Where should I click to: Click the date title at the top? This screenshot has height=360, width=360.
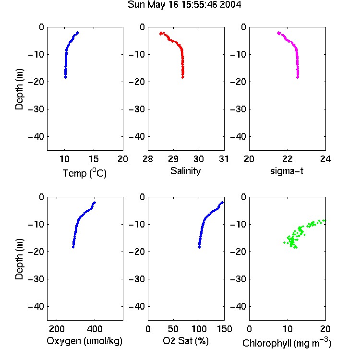pos(184,5)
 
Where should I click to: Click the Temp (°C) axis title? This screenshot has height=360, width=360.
pos(84,173)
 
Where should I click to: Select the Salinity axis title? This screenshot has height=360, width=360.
pos(185,171)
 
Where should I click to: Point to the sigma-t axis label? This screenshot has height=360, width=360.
pos(287,171)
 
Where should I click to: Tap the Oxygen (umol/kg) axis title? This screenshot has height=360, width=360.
pos(84,341)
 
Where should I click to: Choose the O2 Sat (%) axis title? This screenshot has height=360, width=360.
pos(185,341)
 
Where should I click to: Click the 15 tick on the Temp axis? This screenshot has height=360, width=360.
pos(94,159)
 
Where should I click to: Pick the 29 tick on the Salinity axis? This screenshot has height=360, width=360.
pos(173,159)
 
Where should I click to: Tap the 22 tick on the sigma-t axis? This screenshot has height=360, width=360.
pos(287,159)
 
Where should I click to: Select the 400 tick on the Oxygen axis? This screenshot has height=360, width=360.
pos(95,329)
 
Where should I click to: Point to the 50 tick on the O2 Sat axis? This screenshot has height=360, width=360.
pos(173,329)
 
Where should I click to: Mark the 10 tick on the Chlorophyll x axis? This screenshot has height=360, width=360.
pos(287,329)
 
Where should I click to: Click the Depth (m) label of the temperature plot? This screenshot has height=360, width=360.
pos(19,89)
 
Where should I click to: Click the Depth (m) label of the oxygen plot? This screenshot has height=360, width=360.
pos(19,259)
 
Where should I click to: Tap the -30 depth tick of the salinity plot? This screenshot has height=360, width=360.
pos(137,109)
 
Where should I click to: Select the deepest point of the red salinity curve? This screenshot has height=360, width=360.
pos(183,77)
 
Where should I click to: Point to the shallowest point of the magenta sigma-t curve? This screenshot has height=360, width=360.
pos(279,33)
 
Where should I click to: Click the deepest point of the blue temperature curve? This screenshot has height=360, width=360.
pos(65,77)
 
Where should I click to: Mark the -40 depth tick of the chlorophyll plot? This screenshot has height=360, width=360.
pos(238,306)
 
